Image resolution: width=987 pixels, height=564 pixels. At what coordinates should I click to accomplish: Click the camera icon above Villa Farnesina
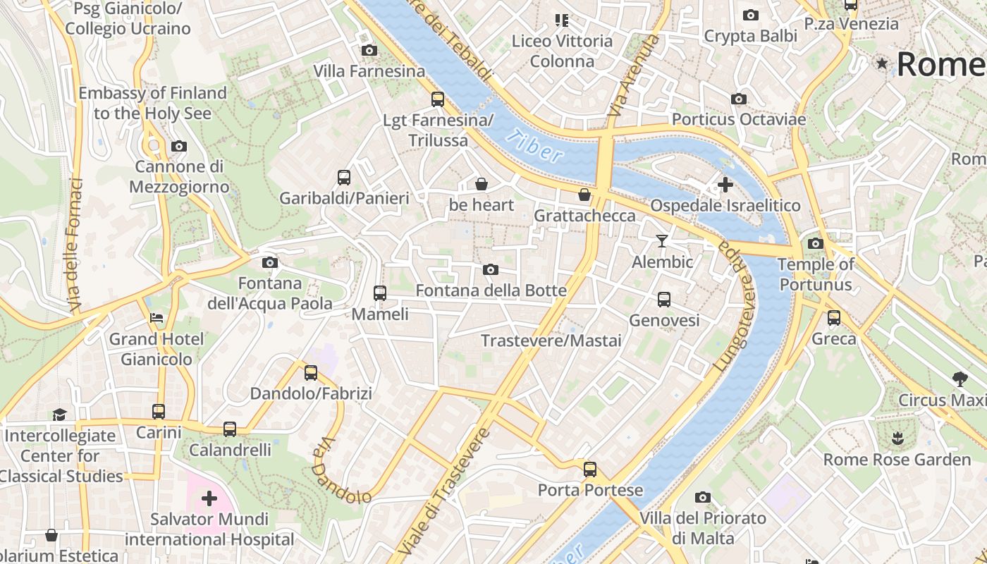[x=369, y=50]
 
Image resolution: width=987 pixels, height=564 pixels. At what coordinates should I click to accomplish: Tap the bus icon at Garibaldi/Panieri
[x=344, y=178]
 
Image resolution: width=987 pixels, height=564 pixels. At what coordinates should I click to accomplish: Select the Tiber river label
[x=538, y=147]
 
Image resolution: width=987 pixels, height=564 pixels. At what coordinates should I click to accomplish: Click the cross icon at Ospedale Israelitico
[x=725, y=185]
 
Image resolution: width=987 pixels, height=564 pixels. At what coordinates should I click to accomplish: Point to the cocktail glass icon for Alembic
[x=661, y=241]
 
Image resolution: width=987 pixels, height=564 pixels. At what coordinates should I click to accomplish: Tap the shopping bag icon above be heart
[x=482, y=185]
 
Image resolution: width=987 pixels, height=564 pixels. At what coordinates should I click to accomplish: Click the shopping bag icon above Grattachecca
[x=584, y=195]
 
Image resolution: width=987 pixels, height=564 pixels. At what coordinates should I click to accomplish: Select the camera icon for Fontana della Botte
[x=491, y=270]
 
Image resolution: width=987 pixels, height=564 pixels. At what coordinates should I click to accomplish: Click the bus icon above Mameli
[x=380, y=293]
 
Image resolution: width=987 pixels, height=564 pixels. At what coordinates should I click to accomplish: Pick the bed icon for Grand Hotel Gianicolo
[x=157, y=318]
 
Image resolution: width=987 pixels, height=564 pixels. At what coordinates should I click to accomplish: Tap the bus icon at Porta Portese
[x=590, y=470]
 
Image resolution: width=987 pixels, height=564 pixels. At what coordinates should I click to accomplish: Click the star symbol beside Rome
[x=882, y=63]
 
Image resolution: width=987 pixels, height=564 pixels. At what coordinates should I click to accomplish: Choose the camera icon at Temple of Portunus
[x=815, y=244]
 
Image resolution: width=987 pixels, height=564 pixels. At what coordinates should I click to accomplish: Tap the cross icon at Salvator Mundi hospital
[x=209, y=499]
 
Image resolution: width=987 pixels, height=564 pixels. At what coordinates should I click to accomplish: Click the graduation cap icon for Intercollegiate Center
[x=60, y=415]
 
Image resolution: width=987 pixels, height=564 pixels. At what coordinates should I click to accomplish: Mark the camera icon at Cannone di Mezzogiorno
[x=179, y=147]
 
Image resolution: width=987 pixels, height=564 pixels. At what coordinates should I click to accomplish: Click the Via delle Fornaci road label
[x=75, y=245]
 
